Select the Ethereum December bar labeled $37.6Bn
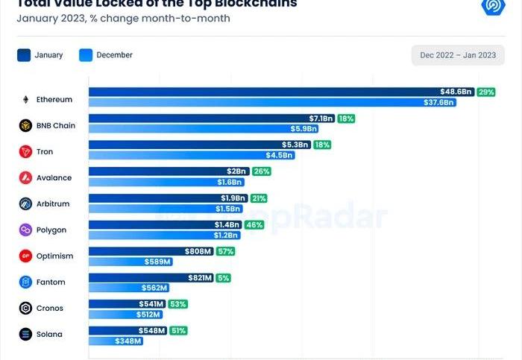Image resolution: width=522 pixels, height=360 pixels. click(272, 102)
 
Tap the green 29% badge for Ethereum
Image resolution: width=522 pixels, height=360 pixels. click(486, 92)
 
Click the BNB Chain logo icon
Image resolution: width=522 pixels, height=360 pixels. click(25, 126)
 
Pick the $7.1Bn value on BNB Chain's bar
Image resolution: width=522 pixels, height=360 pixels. click(321, 119)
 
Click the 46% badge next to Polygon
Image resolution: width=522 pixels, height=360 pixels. click(254, 224)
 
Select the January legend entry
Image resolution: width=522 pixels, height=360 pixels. click(40, 55)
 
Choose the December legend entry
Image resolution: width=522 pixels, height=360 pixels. click(104, 55)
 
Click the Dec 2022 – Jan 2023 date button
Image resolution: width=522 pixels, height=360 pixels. click(458, 55)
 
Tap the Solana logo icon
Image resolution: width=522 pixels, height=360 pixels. click(25, 335)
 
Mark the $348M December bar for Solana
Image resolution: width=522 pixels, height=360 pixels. click(116, 341)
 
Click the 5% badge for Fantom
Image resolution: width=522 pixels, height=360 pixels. click(222, 277)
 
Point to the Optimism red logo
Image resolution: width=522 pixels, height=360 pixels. click(25, 256)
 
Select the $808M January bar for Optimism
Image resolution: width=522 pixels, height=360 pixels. click(151, 251)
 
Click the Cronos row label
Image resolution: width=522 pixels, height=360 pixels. click(49, 309)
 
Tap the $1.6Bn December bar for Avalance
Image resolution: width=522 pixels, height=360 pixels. click(156, 182)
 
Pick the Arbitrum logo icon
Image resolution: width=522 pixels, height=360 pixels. click(25, 204)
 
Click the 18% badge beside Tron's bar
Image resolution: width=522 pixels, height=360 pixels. click(322, 145)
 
